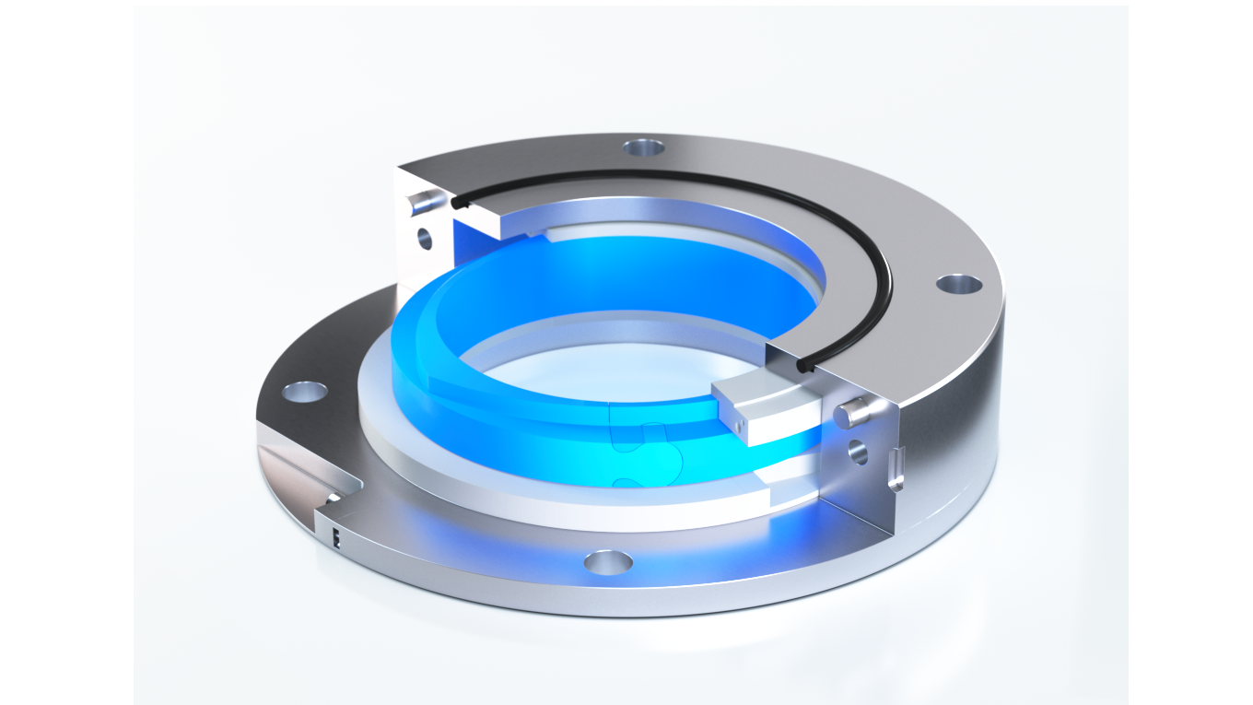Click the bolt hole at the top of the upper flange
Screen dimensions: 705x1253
(x=643, y=147)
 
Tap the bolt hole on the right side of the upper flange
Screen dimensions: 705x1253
(x=958, y=284)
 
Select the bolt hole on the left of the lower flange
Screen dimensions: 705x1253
(x=304, y=393)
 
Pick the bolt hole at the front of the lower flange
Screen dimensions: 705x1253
(x=608, y=561)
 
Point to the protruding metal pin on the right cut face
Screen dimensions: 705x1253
(x=854, y=412)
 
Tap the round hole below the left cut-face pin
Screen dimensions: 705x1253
(x=425, y=239)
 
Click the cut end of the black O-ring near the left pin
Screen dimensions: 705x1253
(x=458, y=202)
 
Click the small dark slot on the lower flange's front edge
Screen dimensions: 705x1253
(x=336, y=539)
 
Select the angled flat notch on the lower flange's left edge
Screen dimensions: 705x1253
(x=295, y=470)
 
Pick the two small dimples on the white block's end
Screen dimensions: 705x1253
(x=737, y=423)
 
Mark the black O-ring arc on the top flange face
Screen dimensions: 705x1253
(x=829, y=221)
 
